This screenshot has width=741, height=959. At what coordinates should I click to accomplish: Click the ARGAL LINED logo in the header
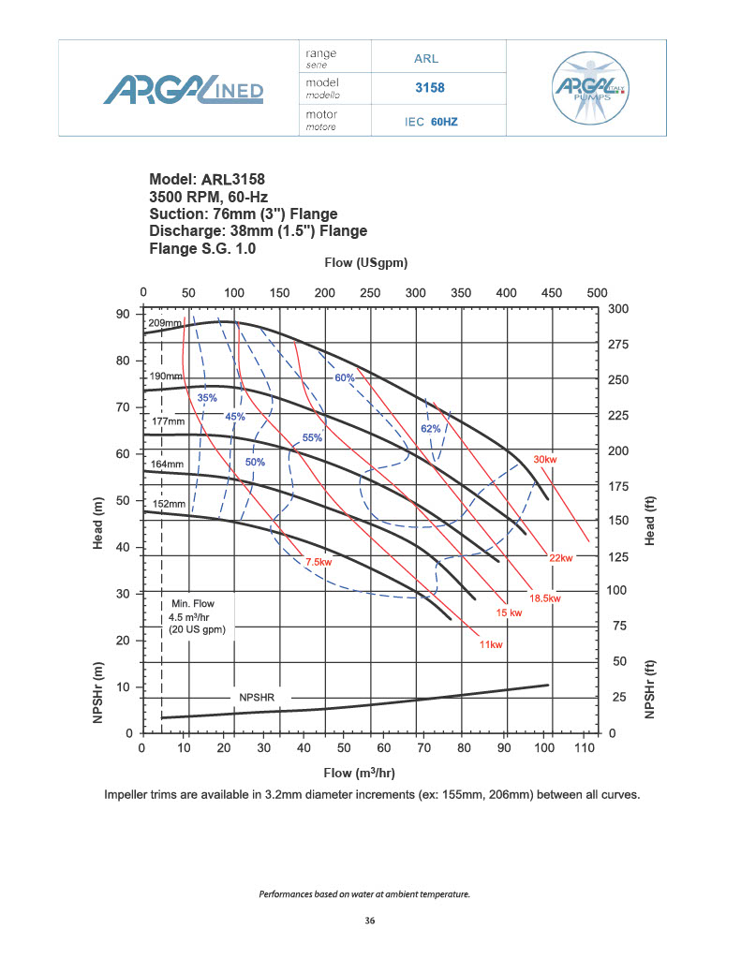point(183,90)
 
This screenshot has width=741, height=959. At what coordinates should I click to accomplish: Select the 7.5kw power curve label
point(319,561)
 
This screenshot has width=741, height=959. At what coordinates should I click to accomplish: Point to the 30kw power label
point(545,460)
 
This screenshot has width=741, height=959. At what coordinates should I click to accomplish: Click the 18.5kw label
point(544,598)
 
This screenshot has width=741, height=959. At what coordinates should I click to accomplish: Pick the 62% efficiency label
point(430,428)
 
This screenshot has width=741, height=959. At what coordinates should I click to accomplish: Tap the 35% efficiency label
point(207,399)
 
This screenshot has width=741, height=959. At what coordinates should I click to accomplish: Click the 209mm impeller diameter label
point(165,323)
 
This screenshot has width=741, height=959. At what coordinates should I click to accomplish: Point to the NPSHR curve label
point(258,698)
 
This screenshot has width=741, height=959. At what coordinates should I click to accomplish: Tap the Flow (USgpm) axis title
point(365,263)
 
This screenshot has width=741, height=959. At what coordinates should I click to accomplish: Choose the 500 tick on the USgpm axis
point(597,293)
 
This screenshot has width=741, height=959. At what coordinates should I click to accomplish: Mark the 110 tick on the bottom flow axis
point(585,749)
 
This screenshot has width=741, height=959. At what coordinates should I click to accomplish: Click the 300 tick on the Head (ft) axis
point(619,309)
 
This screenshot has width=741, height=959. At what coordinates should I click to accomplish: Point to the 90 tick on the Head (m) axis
point(123,314)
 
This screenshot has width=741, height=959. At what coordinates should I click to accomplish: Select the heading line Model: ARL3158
point(214,180)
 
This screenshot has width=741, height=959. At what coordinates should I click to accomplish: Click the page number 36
point(370,922)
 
